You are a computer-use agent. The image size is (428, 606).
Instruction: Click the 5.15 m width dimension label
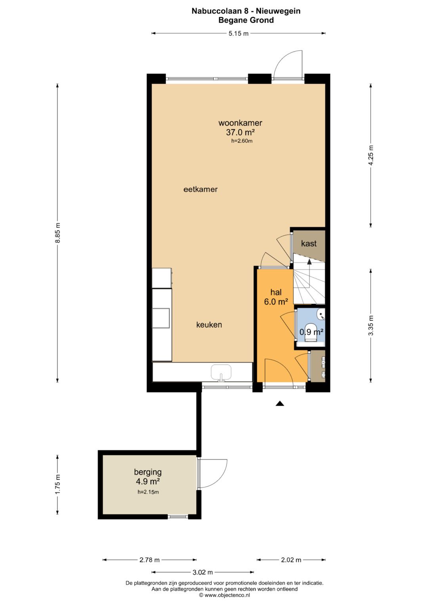point(238,34)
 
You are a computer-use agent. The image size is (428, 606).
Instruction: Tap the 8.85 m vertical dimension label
point(57,233)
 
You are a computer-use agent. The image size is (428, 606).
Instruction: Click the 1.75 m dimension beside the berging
point(57,485)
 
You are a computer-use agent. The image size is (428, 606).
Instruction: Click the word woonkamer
point(240,123)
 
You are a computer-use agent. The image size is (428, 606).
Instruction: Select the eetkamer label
point(201,189)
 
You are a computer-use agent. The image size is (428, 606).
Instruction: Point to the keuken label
point(209,325)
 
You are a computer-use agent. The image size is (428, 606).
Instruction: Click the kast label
point(309,244)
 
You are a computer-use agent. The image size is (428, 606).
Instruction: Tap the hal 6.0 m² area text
point(276,297)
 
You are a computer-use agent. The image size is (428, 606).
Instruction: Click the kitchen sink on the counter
point(221,373)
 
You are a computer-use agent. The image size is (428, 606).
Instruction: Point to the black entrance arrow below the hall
point(280,404)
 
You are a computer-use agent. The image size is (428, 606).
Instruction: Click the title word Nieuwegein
point(278,11)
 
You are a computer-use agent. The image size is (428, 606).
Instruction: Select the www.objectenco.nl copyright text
point(224,595)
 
